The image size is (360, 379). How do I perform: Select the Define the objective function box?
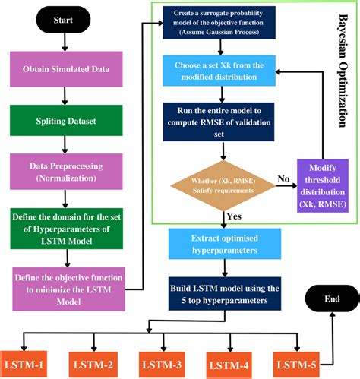65,288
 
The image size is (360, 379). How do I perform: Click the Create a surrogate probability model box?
221,27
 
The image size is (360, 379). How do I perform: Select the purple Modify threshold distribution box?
324,187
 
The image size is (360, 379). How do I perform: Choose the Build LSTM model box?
221,292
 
